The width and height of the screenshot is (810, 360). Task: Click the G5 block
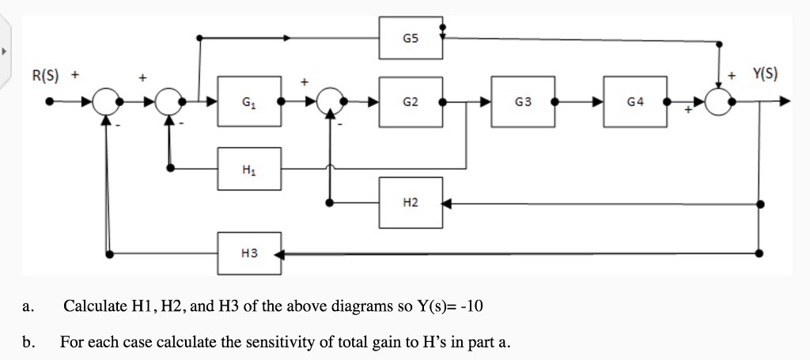(x=410, y=37)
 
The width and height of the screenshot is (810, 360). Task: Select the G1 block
(x=249, y=101)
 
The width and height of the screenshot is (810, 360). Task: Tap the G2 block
(x=410, y=101)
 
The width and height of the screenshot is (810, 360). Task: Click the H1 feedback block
(x=249, y=168)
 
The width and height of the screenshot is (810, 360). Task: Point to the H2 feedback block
(x=410, y=203)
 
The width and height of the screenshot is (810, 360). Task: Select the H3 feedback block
(x=249, y=253)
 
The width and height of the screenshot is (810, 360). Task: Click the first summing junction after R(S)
(x=105, y=101)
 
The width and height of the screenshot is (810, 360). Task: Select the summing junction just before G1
(x=169, y=101)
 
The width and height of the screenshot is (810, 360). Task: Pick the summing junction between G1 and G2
(x=330, y=101)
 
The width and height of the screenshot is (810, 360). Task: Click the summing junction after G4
(x=719, y=101)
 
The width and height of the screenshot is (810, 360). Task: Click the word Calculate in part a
(x=91, y=306)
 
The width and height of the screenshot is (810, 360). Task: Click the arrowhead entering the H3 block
(x=288, y=254)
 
